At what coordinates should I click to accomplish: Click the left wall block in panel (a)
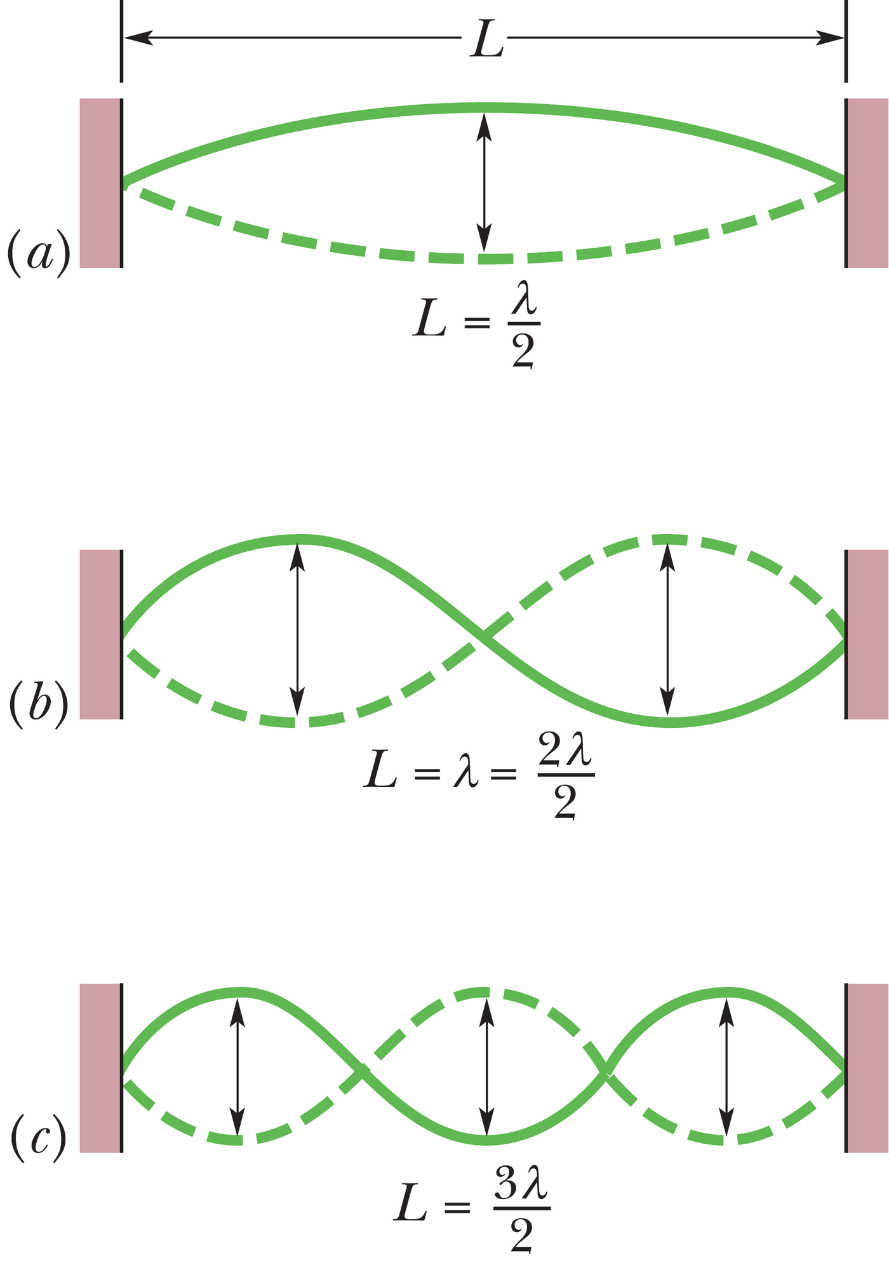(100, 183)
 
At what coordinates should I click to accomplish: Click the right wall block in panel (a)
(867, 183)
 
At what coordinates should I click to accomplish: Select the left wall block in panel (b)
(100, 634)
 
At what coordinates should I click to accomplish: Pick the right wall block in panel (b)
(867, 634)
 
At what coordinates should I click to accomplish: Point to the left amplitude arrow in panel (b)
(297, 630)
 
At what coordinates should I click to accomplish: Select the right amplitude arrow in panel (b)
(666, 630)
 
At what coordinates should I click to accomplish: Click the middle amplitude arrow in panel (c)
(486, 1067)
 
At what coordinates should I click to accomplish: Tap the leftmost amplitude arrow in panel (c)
(237, 1067)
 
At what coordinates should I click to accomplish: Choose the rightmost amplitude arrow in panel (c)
(727, 1067)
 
